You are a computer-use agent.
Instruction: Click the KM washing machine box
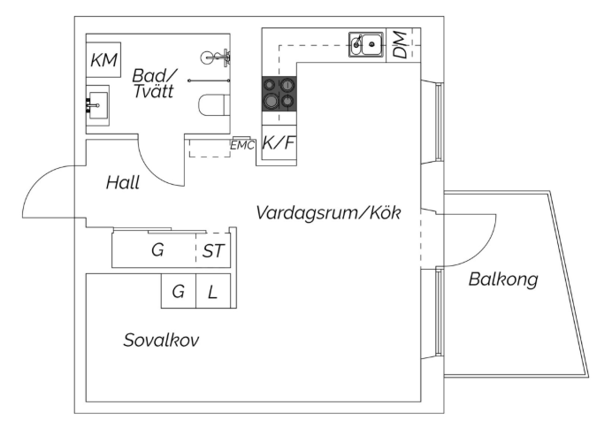(x=103, y=60)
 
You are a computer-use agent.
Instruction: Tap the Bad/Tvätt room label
(x=154, y=83)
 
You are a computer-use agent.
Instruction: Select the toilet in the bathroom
(x=214, y=104)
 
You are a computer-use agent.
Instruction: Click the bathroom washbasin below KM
(x=97, y=105)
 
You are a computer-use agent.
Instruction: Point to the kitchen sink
(x=366, y=44)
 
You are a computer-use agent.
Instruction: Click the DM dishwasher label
(x=400, y=45)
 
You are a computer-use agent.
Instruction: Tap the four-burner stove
(x=279, y=94)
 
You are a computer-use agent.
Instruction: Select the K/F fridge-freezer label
(x=278, y=143)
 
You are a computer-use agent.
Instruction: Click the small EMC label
(x=242, y=146)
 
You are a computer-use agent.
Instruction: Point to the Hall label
(x=123, y=183)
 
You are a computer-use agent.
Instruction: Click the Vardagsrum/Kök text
(x=328, y=213)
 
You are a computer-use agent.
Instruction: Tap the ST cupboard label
(x=213, y=251)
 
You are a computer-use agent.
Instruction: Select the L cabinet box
(x=213, y=291)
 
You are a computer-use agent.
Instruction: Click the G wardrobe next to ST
(x=154, y=250)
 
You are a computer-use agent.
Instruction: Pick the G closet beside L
(x=179, y=291)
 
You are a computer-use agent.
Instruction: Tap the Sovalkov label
(x=161, y=340)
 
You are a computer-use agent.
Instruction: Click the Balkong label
(x=503, y=279)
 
